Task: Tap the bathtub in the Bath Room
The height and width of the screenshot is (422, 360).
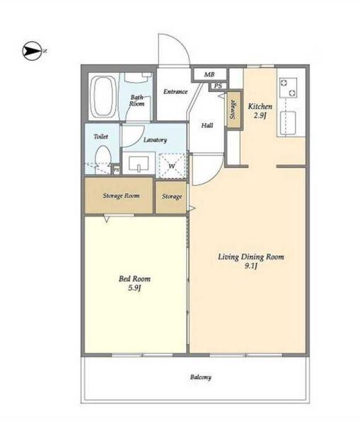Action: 103,97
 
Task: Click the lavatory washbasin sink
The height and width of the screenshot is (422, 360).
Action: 139,163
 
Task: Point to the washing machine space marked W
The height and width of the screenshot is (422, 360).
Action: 172,166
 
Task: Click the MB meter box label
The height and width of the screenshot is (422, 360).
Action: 209,74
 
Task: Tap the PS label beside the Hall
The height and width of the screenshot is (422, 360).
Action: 218,86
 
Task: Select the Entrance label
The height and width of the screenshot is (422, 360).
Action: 175,92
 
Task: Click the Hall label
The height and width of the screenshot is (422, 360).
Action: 207,125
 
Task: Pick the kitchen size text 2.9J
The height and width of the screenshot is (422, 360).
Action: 260,116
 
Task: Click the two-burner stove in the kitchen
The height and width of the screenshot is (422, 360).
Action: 288,88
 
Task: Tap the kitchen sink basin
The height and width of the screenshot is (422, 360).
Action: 288,123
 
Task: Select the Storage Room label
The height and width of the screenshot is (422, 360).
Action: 121,196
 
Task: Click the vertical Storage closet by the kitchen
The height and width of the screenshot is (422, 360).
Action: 233,110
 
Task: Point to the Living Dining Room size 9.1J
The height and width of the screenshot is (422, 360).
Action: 251,266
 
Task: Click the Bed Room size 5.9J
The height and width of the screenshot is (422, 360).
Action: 134,288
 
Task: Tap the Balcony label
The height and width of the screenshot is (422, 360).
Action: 201,377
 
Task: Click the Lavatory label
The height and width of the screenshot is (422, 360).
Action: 155,140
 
